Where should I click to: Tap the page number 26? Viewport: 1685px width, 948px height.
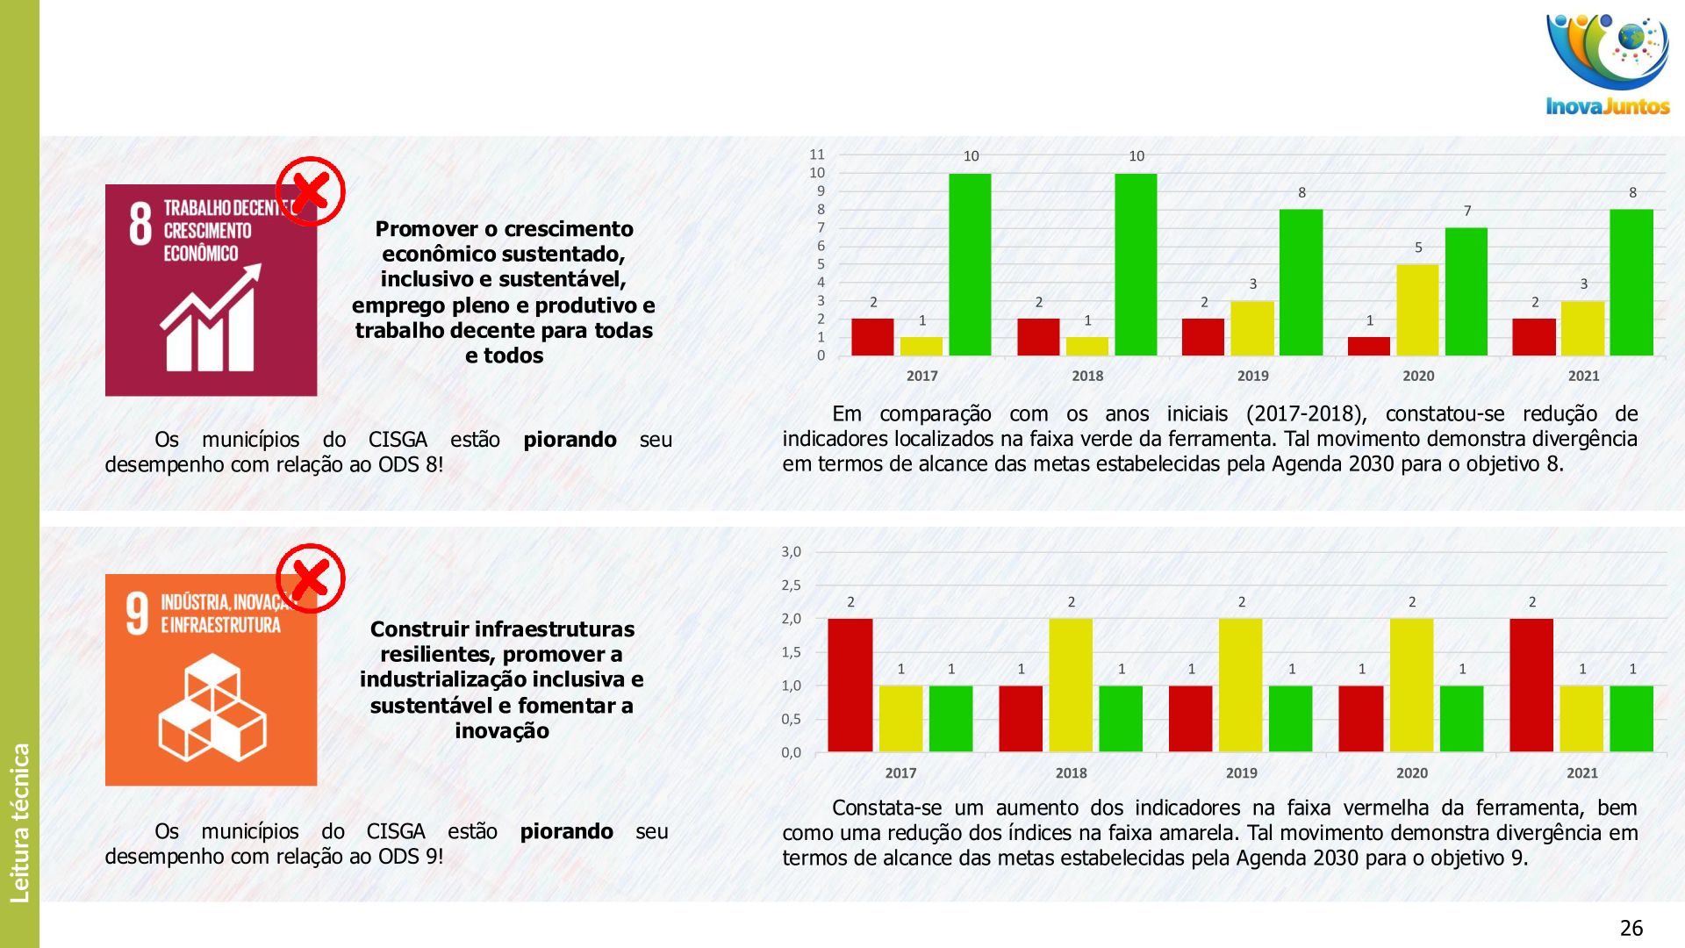coord(1631,928)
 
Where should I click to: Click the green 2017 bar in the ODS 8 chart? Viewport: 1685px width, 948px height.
coord(970,264)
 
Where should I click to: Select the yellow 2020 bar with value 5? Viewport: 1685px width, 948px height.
coord(1417,310)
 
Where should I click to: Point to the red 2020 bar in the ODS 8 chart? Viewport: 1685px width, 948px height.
coord(1369,346)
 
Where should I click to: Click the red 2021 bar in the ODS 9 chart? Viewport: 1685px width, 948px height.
coord(1531,685)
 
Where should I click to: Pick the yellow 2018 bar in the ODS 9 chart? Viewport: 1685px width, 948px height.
coord(1071,685)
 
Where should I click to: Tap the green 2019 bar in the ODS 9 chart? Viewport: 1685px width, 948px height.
coord(1291,718)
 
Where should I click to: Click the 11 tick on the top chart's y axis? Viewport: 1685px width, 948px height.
coord(817,154)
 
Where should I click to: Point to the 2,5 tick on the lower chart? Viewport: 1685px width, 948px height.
coord(791,585)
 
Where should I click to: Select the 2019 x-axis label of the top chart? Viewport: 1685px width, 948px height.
coord(1252,376)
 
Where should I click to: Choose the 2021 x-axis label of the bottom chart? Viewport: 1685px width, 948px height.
coord(1582,773)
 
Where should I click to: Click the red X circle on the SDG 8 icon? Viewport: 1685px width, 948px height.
coord(311,191)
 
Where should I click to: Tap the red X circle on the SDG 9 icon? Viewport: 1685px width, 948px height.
coord(311,578)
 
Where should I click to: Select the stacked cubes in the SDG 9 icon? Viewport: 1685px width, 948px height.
coord(212,707)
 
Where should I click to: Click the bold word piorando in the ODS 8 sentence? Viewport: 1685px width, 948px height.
coord(570,440)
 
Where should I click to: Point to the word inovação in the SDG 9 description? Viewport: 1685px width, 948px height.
coord(502,731)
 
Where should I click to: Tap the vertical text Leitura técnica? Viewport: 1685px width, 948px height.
coord(20,822)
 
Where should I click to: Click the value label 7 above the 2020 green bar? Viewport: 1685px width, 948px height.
coord(1467,211)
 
